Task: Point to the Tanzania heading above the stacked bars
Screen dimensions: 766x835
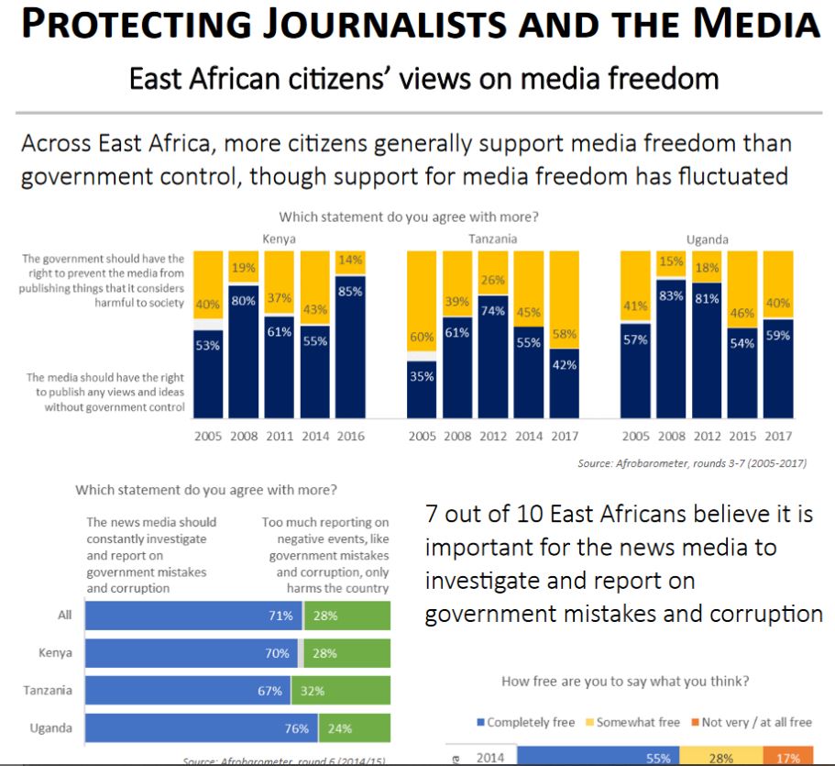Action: [492, 239]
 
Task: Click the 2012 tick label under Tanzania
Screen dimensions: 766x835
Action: [493, 436]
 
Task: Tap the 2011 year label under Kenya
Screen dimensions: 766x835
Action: [280, 436]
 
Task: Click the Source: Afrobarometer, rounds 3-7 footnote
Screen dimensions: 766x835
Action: [692, 463]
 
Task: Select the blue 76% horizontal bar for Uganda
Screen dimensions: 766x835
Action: [201, 729]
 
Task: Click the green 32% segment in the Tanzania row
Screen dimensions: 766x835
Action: [340, 691]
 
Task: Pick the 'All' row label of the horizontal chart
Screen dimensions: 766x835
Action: [64, 615]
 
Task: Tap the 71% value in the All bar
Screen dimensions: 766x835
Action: [280, 616]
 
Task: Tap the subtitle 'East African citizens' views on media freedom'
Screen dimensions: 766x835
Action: [423, 79]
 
